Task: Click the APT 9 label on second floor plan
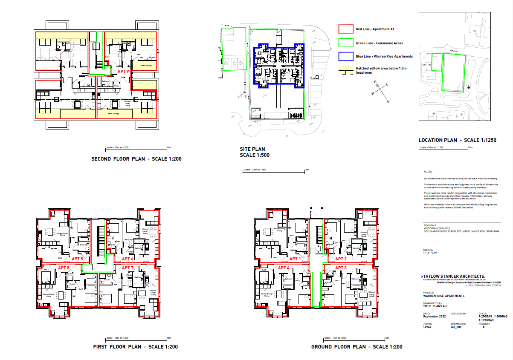[x=123, y=72]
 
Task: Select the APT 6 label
[x=128, y=259]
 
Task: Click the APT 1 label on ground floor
[x=295, y=259]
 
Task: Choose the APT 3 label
[x=341, y=268]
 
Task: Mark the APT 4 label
[x=284, y=268]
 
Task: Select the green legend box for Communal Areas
[x=345, y=43]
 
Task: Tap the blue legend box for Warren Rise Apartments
[x=345, y=56]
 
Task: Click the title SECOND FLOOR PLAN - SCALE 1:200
[x=136, y=159]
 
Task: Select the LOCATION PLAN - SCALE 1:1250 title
[x=457, y=140]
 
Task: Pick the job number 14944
[x=427, y=327]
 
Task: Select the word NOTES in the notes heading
[x=428, y=171]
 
